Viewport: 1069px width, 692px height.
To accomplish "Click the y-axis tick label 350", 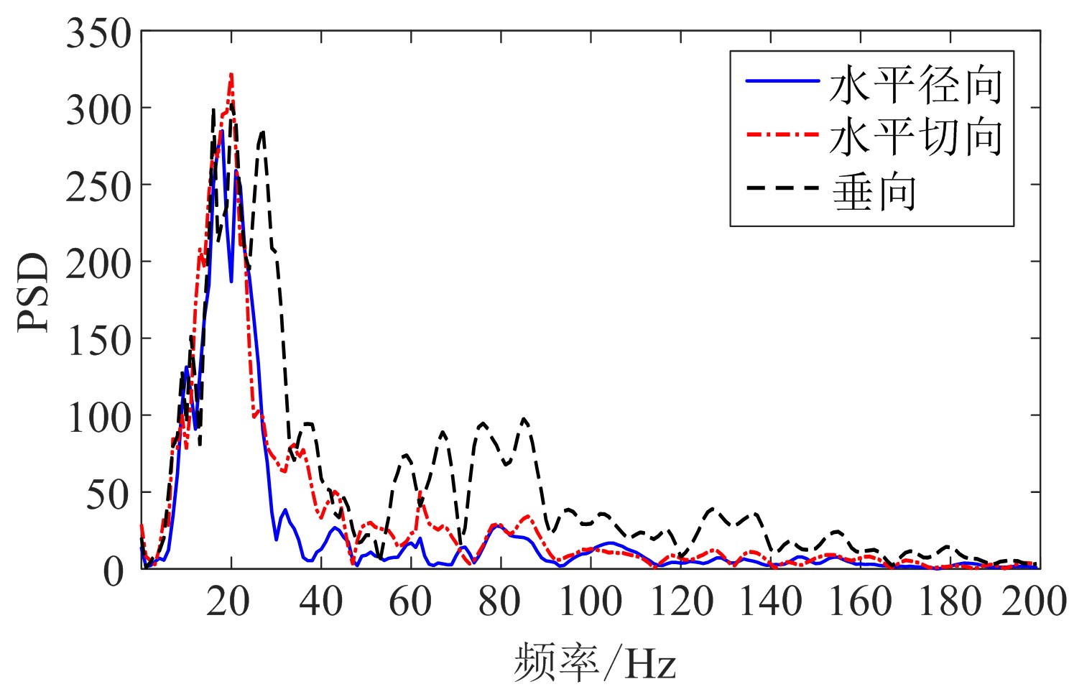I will pyautogui.click(x=98, y=34).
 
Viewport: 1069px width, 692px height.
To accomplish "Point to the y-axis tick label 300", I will pyautogui.click(x=98, y=111).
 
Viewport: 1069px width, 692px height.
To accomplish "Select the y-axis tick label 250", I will pyautogui.click(x=98, y=188).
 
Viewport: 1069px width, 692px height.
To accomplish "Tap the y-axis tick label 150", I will pyautogui.click(x=98, y=341).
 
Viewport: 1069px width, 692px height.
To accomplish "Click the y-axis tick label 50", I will pyautogui.click(x=108, y=495).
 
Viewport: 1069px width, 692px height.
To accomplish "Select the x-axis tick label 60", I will pyautogui.click(x=409, y=601).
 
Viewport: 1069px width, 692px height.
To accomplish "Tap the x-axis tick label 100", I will pyautogui.click(x=589, y=601).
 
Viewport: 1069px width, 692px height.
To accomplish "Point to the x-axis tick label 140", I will pyautogui.click(x=769, y=601).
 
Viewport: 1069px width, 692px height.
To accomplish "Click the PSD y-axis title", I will pyautogui.click(x=34, y=292).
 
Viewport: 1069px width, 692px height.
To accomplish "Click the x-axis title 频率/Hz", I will pyautogui.click(x=595, y=662).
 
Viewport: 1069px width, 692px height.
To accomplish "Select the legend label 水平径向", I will pyautogui.click(x=916, y=85).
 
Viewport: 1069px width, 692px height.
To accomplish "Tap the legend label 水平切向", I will pyautogui.click(x=916, y=136).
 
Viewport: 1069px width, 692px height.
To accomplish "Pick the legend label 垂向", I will pyautogui.click(x=874, y=191).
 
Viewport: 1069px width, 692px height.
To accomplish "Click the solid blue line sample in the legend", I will pyautogui.click(x=782, y=81).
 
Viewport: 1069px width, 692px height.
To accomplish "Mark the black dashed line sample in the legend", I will pyautogui.click(x=782, y=188).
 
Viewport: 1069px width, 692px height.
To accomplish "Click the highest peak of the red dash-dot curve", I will pyautogui.click(x=231, y=74).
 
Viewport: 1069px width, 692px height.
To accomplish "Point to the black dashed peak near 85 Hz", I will pyautogui.click(x=524, y=419).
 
